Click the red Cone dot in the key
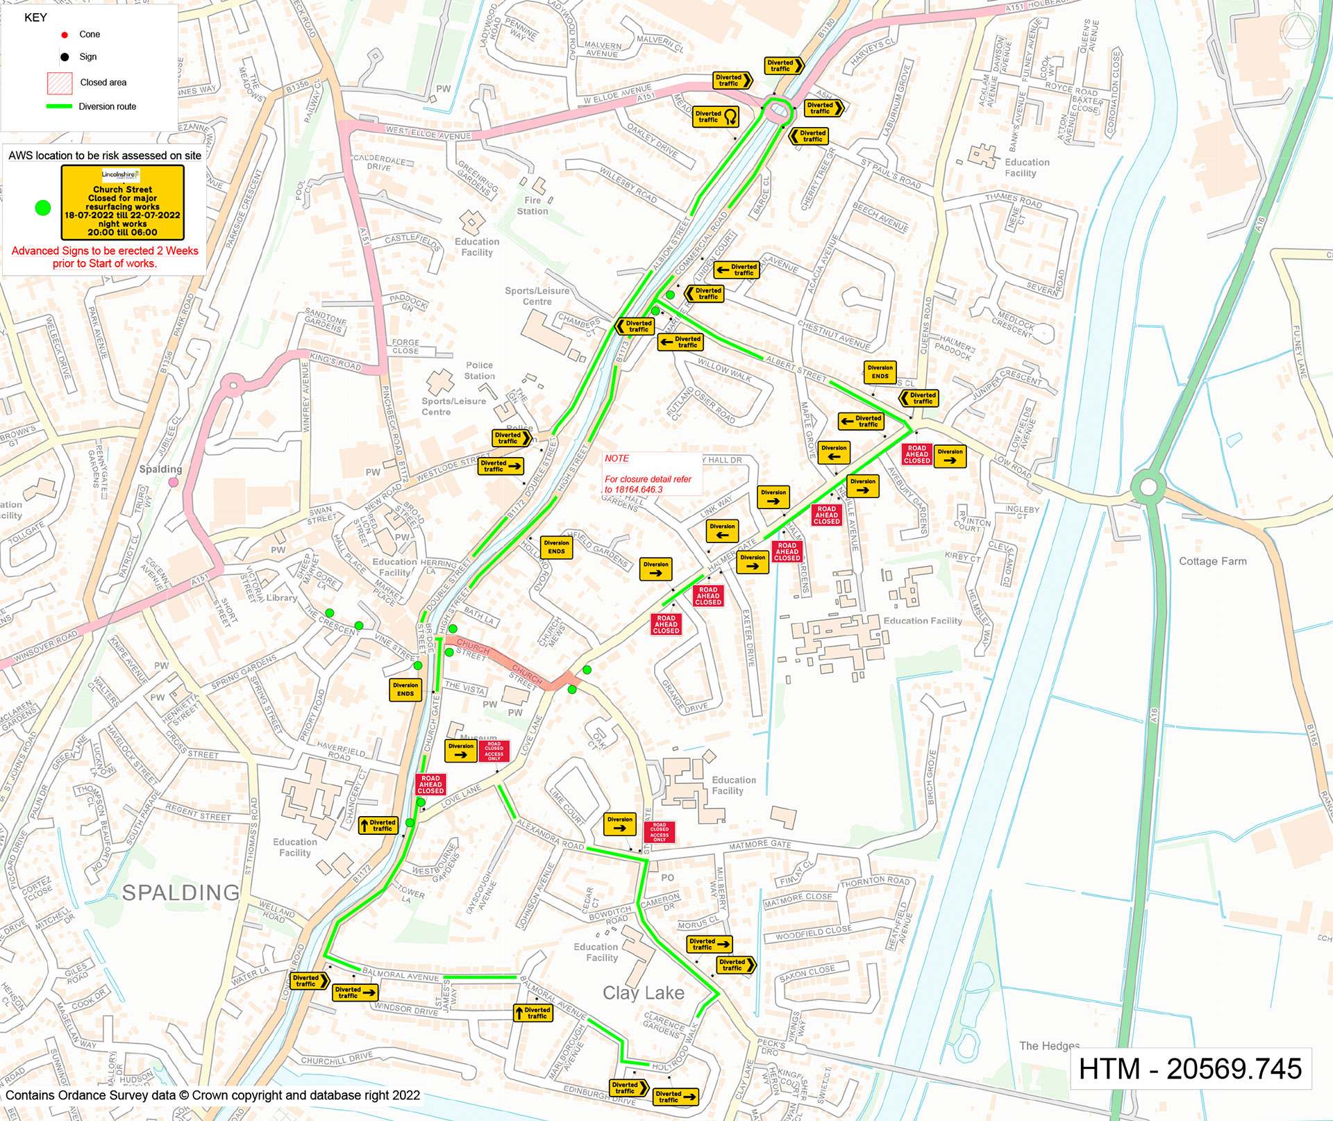(65, 35)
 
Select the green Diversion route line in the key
(59, 106)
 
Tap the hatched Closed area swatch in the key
(60, 83)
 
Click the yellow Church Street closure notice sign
(122, 202)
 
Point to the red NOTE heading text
(617, 458)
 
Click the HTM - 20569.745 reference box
(1190, 1068)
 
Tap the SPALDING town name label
(181, 892)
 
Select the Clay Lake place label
(643, 993)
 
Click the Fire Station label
(533, 206)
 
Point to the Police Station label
(479, 370)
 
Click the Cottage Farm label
(1212, 561)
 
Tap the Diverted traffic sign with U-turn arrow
(716, 117)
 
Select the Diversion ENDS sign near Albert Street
(880, 372)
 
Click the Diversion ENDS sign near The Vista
(405, 689)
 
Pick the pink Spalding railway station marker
(174, 482)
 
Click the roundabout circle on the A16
(1148, 486)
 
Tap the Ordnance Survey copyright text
(212, 1095)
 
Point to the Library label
(281, 597)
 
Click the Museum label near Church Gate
(479, 737)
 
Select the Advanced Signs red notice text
(105, 257)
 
